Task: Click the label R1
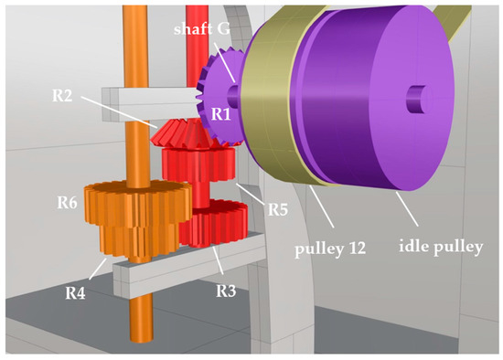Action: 220,113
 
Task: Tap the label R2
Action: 62,96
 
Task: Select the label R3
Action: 226,291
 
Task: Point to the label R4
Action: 75,292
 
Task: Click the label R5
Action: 278,209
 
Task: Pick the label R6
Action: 67,203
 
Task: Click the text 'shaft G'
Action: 202,29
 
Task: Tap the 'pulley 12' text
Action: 330,249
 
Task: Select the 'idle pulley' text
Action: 441,247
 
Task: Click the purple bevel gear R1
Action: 221,96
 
